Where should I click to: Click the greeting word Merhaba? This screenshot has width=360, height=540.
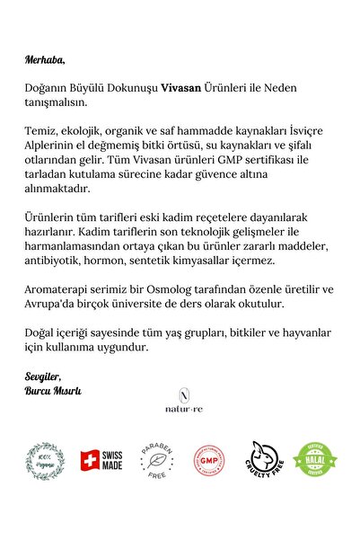click(45, 60)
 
